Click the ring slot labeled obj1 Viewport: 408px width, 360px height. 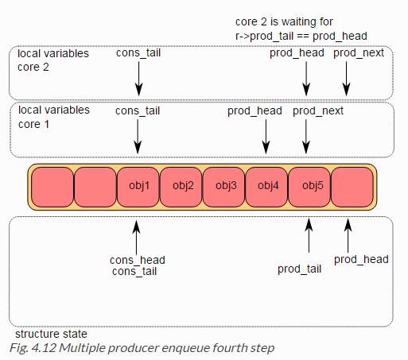coord(138,187)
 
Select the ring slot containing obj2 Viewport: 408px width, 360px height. coord(181,187)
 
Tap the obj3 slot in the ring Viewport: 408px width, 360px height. coord(224,187)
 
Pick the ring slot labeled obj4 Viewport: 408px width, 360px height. coord(266,187)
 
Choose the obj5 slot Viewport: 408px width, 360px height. coord(309,187)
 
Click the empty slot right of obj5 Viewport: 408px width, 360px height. coord(352,187)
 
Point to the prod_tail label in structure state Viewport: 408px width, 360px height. coord(299,269)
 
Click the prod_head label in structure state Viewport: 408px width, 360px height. coord(361,259)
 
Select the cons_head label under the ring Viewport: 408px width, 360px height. coord(138,260)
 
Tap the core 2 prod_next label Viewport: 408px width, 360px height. coord(359,53)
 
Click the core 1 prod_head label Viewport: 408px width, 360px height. coord(255,110)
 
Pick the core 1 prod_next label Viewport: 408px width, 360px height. coord(318,110)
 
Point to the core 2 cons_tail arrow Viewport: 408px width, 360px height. coord(138,79)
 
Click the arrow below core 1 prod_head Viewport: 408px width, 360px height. coord(266,137)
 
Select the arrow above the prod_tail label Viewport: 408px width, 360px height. coord(309,235)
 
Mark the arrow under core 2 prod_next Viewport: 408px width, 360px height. coord(346,79)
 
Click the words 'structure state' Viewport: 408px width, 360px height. coord(51,334)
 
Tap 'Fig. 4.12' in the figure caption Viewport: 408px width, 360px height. coord(33,348)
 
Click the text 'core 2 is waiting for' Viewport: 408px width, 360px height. coord(284,21)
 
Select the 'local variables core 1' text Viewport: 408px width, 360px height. coord(54,117)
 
